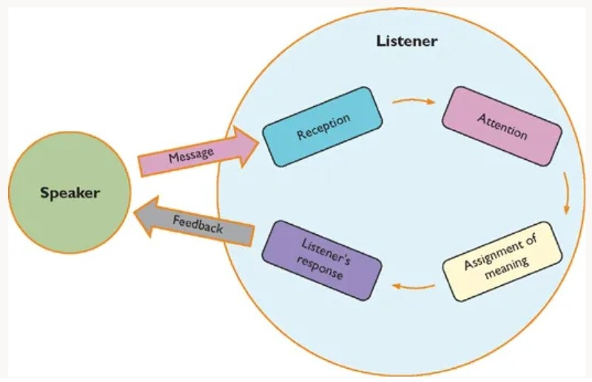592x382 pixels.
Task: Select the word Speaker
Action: coord(70,194)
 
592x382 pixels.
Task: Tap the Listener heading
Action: coord(406,41)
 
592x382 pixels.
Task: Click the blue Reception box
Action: coord(323,127)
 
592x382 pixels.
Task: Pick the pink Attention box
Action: coord(502,126)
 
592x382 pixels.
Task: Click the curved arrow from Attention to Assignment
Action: coord(566,194)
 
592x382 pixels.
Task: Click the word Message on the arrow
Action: coord(191,155)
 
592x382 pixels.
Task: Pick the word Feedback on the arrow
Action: coord(198,224)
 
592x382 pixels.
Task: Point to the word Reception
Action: coord(323,127)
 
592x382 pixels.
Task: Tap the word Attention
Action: coord(502,126)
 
